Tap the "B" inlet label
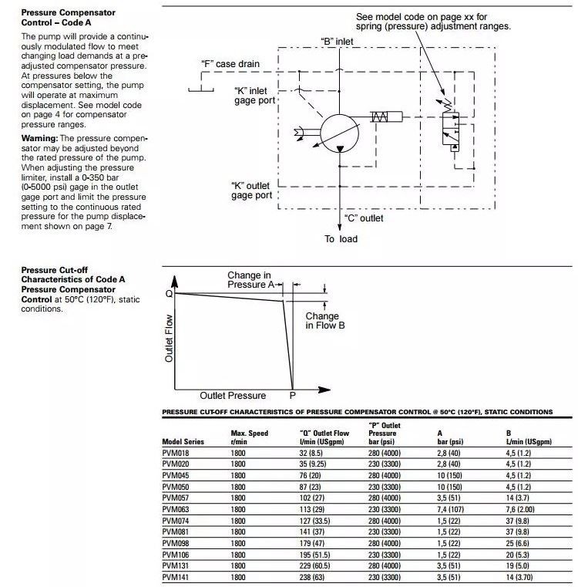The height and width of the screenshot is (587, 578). click(x=338, y=40)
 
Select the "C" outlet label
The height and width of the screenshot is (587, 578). click(x=363, y=218)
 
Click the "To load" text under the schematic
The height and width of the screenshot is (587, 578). click(x=341, y=239)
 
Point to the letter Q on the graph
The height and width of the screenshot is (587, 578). click(x=169, y=294)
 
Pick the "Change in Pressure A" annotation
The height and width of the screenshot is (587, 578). click(x=250, y=280)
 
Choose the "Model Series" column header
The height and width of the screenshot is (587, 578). click(x=183, y=442)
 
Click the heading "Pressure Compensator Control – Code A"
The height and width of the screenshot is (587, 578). click(x=69, y=18)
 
